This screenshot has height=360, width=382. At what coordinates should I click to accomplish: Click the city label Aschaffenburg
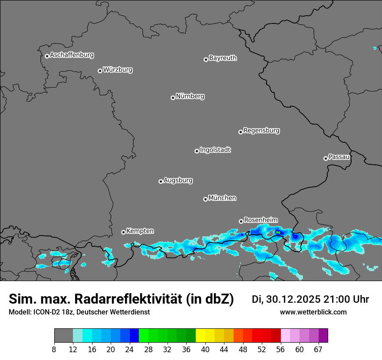72,55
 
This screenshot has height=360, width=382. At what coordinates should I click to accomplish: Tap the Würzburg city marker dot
100,71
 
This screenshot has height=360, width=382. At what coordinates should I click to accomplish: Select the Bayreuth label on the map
223,58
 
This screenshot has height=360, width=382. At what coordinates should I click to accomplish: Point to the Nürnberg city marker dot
173,98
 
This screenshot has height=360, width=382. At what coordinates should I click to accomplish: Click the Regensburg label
261,130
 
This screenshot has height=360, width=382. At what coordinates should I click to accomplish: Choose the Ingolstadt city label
215,150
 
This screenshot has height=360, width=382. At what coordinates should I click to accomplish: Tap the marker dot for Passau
326,158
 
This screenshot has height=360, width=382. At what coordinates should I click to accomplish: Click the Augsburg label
178,180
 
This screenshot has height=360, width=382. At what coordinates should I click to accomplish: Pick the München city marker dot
205,199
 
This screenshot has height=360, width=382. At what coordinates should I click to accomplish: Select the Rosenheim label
260,220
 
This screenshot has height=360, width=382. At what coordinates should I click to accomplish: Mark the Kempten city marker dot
123,232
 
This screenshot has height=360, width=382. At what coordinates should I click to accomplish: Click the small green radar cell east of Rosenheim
278,232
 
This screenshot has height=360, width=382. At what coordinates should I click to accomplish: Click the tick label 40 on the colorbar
205,350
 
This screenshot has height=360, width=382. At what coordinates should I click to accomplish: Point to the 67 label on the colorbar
318,350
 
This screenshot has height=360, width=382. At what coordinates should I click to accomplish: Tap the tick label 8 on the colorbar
54,350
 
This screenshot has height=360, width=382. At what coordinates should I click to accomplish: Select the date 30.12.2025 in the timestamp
293,299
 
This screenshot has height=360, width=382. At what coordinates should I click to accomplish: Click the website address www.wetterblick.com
313,312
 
